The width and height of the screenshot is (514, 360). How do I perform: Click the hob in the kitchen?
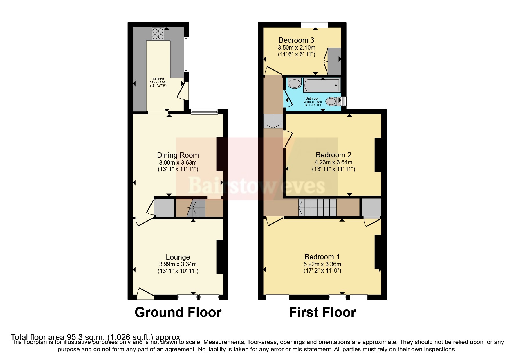158,33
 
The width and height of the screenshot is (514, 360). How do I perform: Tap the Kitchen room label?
158,79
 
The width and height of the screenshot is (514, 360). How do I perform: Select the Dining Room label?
178,155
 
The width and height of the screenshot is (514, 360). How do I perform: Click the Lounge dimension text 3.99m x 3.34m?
178,264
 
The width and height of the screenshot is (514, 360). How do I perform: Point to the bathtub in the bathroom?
322,85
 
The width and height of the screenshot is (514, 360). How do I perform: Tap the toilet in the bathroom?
332,101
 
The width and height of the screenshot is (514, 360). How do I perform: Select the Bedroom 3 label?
296,40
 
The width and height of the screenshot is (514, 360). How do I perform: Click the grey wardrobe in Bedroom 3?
334,61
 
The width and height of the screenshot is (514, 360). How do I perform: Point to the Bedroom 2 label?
333,155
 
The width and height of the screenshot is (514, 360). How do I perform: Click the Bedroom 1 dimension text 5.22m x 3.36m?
322,264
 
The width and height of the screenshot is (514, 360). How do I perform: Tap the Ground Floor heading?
178,312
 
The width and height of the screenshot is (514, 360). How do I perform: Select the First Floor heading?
322,312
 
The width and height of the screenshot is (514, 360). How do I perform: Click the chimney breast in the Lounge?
220,257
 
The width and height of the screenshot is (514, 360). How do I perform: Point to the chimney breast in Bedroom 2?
378,155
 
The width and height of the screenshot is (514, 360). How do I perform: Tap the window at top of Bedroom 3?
314,25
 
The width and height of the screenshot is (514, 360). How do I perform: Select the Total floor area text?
95,337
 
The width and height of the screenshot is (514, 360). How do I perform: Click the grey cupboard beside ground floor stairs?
164,208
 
